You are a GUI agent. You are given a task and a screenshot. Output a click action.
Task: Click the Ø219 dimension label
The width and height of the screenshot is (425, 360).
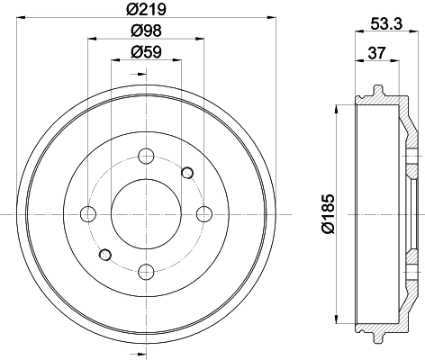[x=146, y=12]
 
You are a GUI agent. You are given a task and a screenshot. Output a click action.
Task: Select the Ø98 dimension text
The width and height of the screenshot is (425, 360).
[x=146, y=31]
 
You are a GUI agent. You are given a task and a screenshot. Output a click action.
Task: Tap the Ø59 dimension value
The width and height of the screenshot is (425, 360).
[x=146, y=51]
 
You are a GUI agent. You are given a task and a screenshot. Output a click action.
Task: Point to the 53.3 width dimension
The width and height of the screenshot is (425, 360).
[x=384, y=28]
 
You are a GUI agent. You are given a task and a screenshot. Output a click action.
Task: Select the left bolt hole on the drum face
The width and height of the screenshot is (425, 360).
[x=87, y=213]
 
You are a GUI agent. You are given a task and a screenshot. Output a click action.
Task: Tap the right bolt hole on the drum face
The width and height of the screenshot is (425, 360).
[x=204, y=213]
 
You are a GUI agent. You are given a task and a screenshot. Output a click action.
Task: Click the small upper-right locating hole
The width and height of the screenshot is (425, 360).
[x=187, y=172]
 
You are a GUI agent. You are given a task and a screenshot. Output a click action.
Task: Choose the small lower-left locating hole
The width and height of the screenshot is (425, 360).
[x=104, y=255]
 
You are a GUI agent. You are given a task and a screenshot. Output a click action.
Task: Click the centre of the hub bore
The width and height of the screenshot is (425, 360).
[x=146, y=213]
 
